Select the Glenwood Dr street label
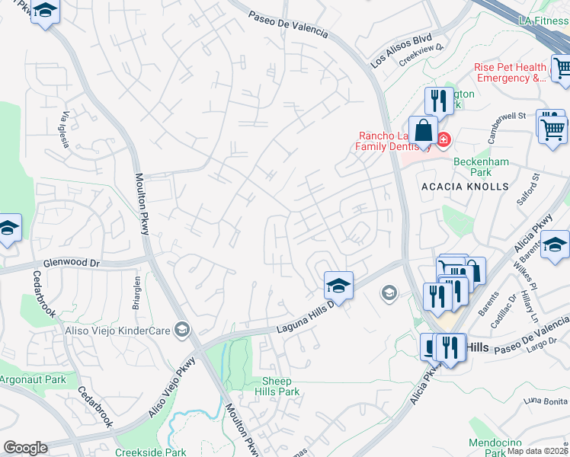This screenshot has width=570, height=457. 72,264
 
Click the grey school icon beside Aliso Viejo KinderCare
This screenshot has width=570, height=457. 181,328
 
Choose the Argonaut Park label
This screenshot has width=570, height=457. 33,379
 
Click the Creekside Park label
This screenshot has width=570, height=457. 151,452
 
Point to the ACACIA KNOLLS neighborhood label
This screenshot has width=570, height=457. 464,187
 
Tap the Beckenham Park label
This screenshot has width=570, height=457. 481,167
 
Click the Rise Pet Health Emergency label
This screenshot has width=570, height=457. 511,72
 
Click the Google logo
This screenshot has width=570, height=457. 25,448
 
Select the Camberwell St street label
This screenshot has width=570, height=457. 502,118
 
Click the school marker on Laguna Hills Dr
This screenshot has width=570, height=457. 338,286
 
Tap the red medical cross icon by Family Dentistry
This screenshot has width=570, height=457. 443,140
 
